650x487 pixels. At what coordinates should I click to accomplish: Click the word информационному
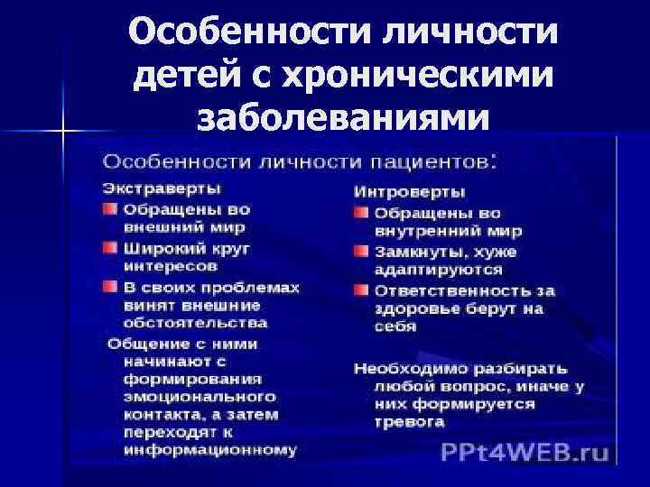click(210, 451)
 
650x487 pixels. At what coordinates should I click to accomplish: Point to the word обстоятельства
click(195, 322)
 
